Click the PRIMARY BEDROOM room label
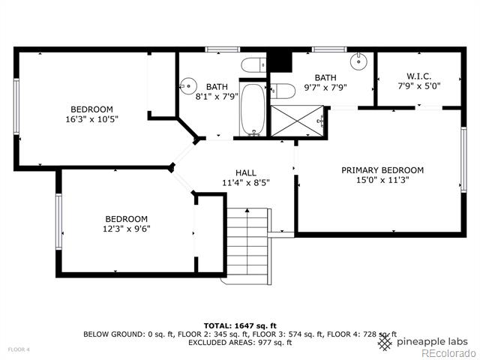click(x=382, y=170)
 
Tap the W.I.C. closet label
click(x=418, y=76)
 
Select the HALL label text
click(x=246, y=173)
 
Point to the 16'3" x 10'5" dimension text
click(x=91, y=119)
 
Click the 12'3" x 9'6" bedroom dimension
click(x=127, y=229)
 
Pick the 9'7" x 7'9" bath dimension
click(x=325, y=88)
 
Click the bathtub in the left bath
click(x=253, y=109)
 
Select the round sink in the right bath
click(x=358, y=61)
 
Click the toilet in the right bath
click(x=283, y=91)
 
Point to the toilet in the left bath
click(x=253, y=64)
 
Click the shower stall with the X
click(x=297, y=121)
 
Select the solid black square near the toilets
click(x=280, y=62)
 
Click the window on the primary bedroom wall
click(x=463, y=160)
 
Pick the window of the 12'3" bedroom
click(x=58, y=222)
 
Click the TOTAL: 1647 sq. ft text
click(x=240, y=325)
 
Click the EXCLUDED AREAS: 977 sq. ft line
click(x=240, y=342)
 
